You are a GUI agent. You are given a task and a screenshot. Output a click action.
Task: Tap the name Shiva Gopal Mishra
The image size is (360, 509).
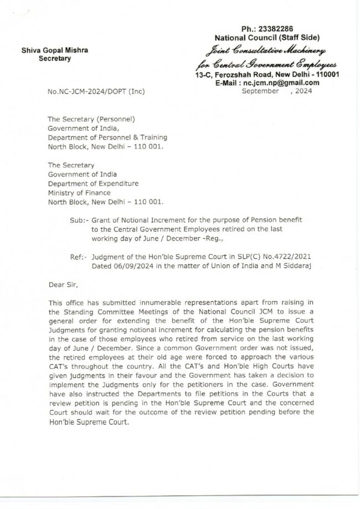[54, 50]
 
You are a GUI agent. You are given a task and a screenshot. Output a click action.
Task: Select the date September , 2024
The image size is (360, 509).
[277, 92]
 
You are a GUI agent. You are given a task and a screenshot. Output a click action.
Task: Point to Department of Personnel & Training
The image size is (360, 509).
[107, 137]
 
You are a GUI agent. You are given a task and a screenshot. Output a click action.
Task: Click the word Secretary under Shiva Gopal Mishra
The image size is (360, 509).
[54, 59]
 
